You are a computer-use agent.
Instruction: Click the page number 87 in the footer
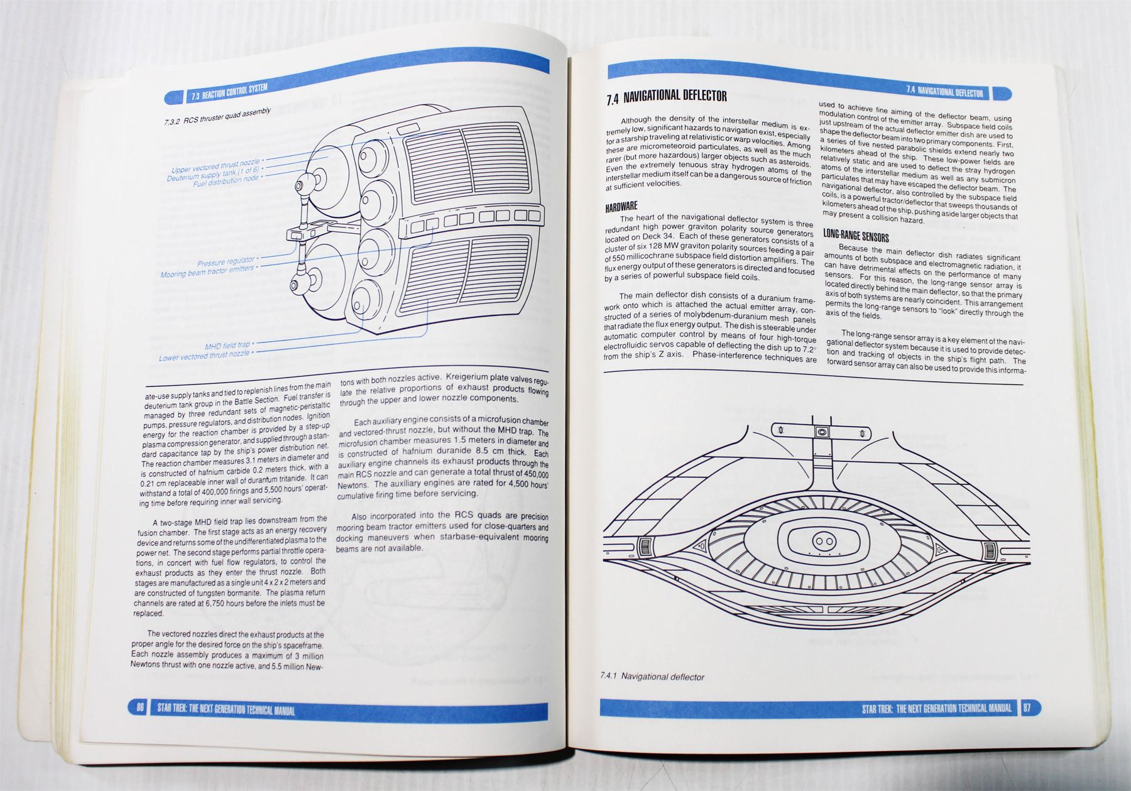1027,708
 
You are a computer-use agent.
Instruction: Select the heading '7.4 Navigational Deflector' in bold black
667,97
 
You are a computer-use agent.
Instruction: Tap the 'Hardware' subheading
621,207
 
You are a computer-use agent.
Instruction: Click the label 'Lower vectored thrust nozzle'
204,356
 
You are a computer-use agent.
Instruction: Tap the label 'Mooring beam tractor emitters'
207,271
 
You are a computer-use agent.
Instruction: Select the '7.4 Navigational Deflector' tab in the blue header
944,92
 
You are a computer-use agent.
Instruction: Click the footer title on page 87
937,708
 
